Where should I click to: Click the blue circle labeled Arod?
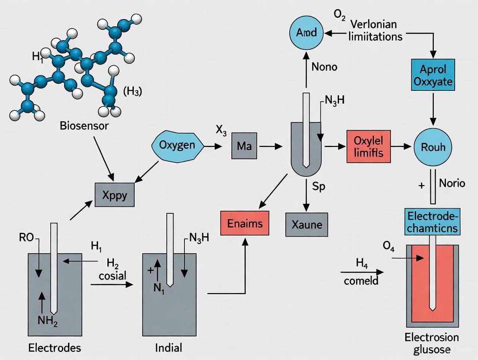click(306, 32)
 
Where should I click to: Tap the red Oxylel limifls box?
click(368, 146)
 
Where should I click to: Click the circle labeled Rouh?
click(433, 147)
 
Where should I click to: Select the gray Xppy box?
click(114, 195)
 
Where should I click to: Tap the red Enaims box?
click(245, 223)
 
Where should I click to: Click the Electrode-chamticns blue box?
click(433, 221)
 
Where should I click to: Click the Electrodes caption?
click(55, 347)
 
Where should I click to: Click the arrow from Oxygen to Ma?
click(213, 146)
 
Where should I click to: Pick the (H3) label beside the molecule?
click(132, 92)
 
